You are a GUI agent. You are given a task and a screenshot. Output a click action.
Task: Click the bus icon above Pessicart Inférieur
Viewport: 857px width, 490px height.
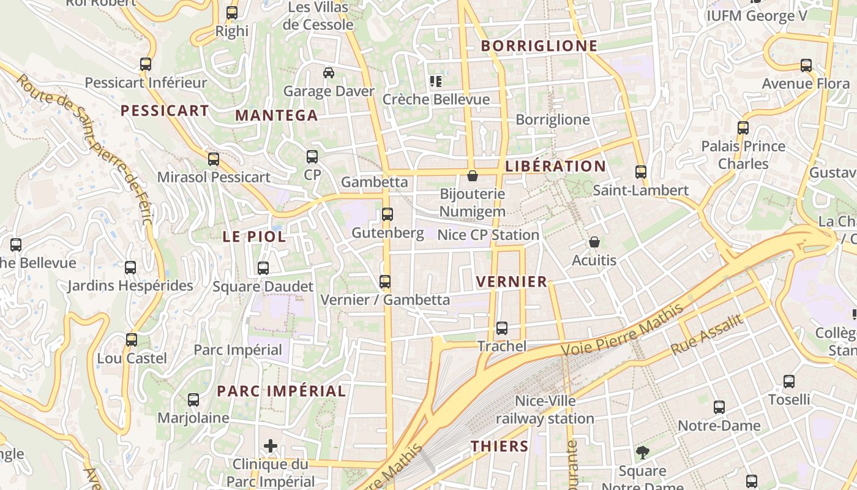tap(146, 64)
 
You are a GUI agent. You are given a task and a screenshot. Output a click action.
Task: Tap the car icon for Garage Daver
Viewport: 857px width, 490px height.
tap(329, 73)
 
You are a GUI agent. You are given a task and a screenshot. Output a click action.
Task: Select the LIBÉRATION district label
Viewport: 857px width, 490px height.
tap(556, 166)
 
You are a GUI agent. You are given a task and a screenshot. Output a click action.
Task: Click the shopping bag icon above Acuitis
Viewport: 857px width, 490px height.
tap(594, 242)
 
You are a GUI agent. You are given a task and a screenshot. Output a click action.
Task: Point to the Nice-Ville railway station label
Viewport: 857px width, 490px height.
tap(545, 410)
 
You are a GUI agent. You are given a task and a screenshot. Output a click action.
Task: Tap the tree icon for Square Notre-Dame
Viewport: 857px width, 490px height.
tap(642, 453)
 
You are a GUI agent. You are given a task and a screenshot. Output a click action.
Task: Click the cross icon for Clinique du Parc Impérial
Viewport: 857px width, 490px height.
tap(271, 445)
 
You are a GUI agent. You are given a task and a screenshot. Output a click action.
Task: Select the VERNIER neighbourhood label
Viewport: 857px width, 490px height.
tap(511, 282)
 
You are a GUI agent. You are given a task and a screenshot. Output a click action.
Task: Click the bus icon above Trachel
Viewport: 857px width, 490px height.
tap(502, 328)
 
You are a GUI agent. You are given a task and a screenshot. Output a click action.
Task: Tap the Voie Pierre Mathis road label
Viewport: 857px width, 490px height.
tap(623, 331)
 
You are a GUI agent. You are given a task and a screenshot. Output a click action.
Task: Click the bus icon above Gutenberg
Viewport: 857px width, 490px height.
tap(387, 214)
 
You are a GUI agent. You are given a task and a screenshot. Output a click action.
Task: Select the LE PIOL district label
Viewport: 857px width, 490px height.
tap(254, 236)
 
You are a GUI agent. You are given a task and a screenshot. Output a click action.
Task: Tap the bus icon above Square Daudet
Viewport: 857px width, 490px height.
tap(263, 268)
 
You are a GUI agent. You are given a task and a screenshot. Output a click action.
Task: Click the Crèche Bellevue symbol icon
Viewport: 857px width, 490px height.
tap(436, 81)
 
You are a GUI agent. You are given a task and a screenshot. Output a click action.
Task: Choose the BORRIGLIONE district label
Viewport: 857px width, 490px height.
tap(539, 46)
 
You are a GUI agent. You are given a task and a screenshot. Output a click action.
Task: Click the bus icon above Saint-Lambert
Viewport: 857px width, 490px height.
tap(641, 171)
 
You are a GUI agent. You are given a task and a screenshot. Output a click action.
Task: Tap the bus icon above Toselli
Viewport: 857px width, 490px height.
tap(789, 381)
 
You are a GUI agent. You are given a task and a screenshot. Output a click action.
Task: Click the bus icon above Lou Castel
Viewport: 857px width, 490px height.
tap(132, 339)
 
